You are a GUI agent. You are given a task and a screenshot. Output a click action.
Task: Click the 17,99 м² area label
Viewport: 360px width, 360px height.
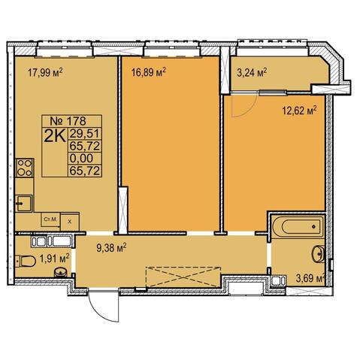click(x=45, y=73)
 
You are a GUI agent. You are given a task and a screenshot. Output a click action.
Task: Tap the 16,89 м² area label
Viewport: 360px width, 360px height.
click(x=149, y=72)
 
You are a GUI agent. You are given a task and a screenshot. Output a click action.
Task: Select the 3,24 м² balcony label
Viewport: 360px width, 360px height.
click(x=251, y=73)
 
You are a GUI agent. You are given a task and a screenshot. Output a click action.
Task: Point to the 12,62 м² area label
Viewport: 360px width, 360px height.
click(x=300, y=110)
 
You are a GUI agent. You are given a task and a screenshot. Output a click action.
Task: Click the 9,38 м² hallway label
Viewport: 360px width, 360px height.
click(x=111, y=248)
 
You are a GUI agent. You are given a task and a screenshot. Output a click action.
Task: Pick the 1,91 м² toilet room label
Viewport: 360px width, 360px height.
click(x=55, y=259)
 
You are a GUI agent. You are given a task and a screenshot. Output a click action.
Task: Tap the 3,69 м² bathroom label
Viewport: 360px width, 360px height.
click(x=310, y=278)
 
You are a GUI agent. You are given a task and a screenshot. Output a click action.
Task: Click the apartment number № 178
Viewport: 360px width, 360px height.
click(x=68, y=121)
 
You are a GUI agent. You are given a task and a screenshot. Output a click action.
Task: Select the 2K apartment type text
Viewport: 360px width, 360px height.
click(x=55, y=136)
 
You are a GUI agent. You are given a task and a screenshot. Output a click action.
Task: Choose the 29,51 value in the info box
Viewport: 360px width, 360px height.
click(x=85, y=134)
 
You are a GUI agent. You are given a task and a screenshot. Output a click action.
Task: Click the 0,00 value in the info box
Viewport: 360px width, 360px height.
click(x=81, y=158)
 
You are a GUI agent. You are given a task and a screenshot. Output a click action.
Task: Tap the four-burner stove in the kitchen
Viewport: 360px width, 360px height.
click(x=25, y=168)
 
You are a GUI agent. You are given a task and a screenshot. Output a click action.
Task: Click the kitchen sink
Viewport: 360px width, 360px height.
click(x=23, y=203)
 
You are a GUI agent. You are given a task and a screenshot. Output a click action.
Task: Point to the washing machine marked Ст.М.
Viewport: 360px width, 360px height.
click(x=50, y=220)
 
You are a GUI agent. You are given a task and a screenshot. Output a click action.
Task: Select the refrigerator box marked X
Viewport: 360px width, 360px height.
click(x=70, y=222)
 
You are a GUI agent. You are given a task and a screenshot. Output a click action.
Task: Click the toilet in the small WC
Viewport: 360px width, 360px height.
click(x=26, y=261)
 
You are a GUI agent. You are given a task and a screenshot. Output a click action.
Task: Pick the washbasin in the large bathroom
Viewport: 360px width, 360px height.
click(x=318, y=254)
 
